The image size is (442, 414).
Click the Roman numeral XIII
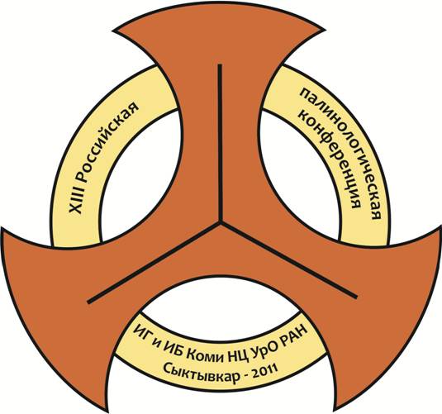tap(76, 199)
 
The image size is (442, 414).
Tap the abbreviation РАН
tap(294, 335)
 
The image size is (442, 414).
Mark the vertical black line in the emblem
tap(220, 143)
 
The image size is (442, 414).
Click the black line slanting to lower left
tap(154, 263)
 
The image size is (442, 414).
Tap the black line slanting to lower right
tap(288, 259)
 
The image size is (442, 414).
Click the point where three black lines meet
tap(220, 222)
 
